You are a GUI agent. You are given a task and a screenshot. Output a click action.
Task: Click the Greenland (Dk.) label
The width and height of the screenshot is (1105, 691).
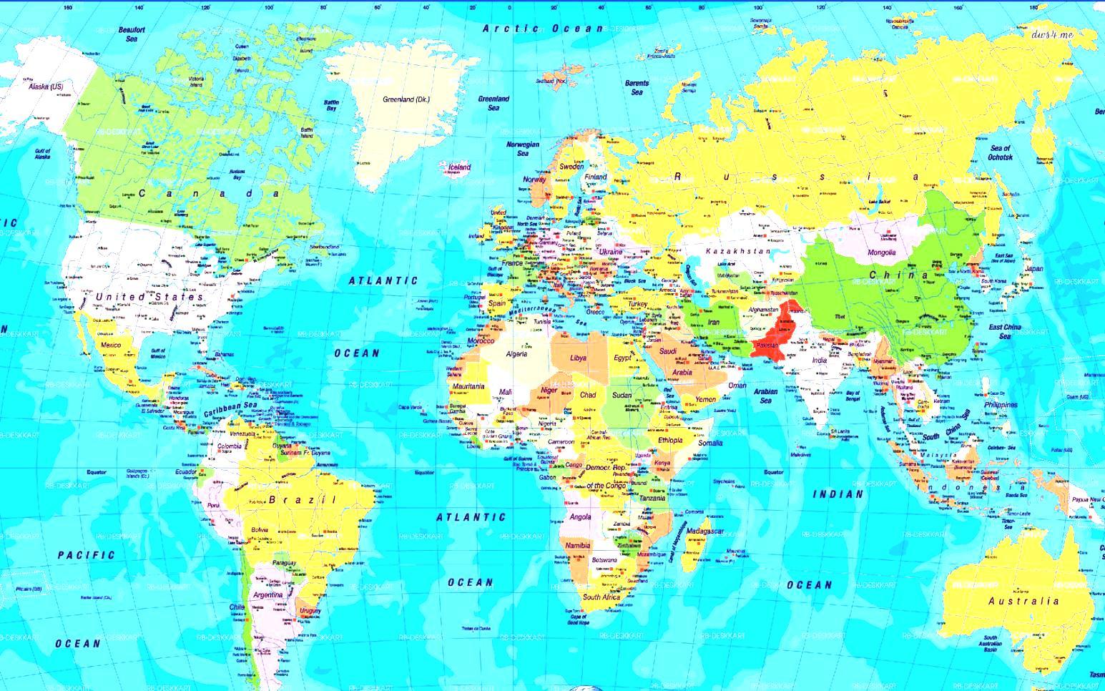point(406,99)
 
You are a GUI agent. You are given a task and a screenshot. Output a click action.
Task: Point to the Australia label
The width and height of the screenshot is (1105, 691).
point(1023,602)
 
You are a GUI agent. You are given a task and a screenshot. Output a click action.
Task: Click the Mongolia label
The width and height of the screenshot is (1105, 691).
point(881,253)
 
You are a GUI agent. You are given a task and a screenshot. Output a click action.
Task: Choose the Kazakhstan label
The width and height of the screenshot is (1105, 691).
point(738,252)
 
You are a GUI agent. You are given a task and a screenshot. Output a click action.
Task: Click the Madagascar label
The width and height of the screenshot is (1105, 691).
point(706,531)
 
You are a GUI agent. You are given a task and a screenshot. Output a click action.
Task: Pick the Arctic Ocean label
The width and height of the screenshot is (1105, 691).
point(543,29)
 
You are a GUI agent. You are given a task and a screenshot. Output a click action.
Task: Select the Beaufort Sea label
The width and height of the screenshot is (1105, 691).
point(132,34)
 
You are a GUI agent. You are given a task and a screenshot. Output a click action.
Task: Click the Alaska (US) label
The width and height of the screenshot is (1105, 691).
point(46,87)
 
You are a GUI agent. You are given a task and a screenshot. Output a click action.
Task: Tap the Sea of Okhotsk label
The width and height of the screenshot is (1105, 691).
point(1000,152)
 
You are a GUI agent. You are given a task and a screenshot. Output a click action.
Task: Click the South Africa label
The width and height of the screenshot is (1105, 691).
point(601,597)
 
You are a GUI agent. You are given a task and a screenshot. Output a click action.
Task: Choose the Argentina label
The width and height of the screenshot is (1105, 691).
point(267,594)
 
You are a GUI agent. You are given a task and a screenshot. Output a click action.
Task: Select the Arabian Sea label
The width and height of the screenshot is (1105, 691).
point(766,396)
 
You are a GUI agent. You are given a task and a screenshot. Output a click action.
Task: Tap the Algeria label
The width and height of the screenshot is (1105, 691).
point(516,354)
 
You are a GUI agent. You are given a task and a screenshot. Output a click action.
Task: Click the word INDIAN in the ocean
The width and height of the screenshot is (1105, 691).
point(838,494)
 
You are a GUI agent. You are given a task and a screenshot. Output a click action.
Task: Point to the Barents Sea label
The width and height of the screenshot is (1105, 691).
point(637,87)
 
